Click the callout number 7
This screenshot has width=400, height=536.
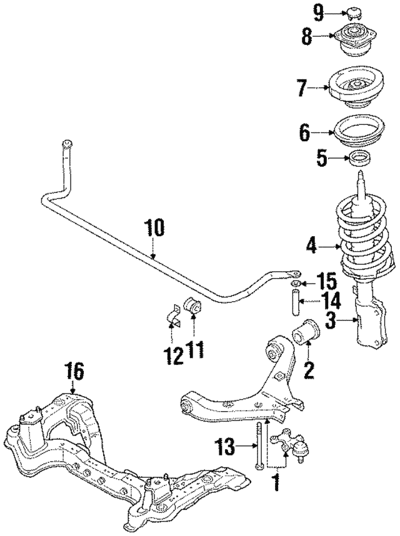coord(302,88)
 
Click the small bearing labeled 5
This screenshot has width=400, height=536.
coord(360,159)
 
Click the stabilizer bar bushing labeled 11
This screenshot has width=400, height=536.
coord(193,308)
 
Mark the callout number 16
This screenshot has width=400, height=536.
coord(73,374)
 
